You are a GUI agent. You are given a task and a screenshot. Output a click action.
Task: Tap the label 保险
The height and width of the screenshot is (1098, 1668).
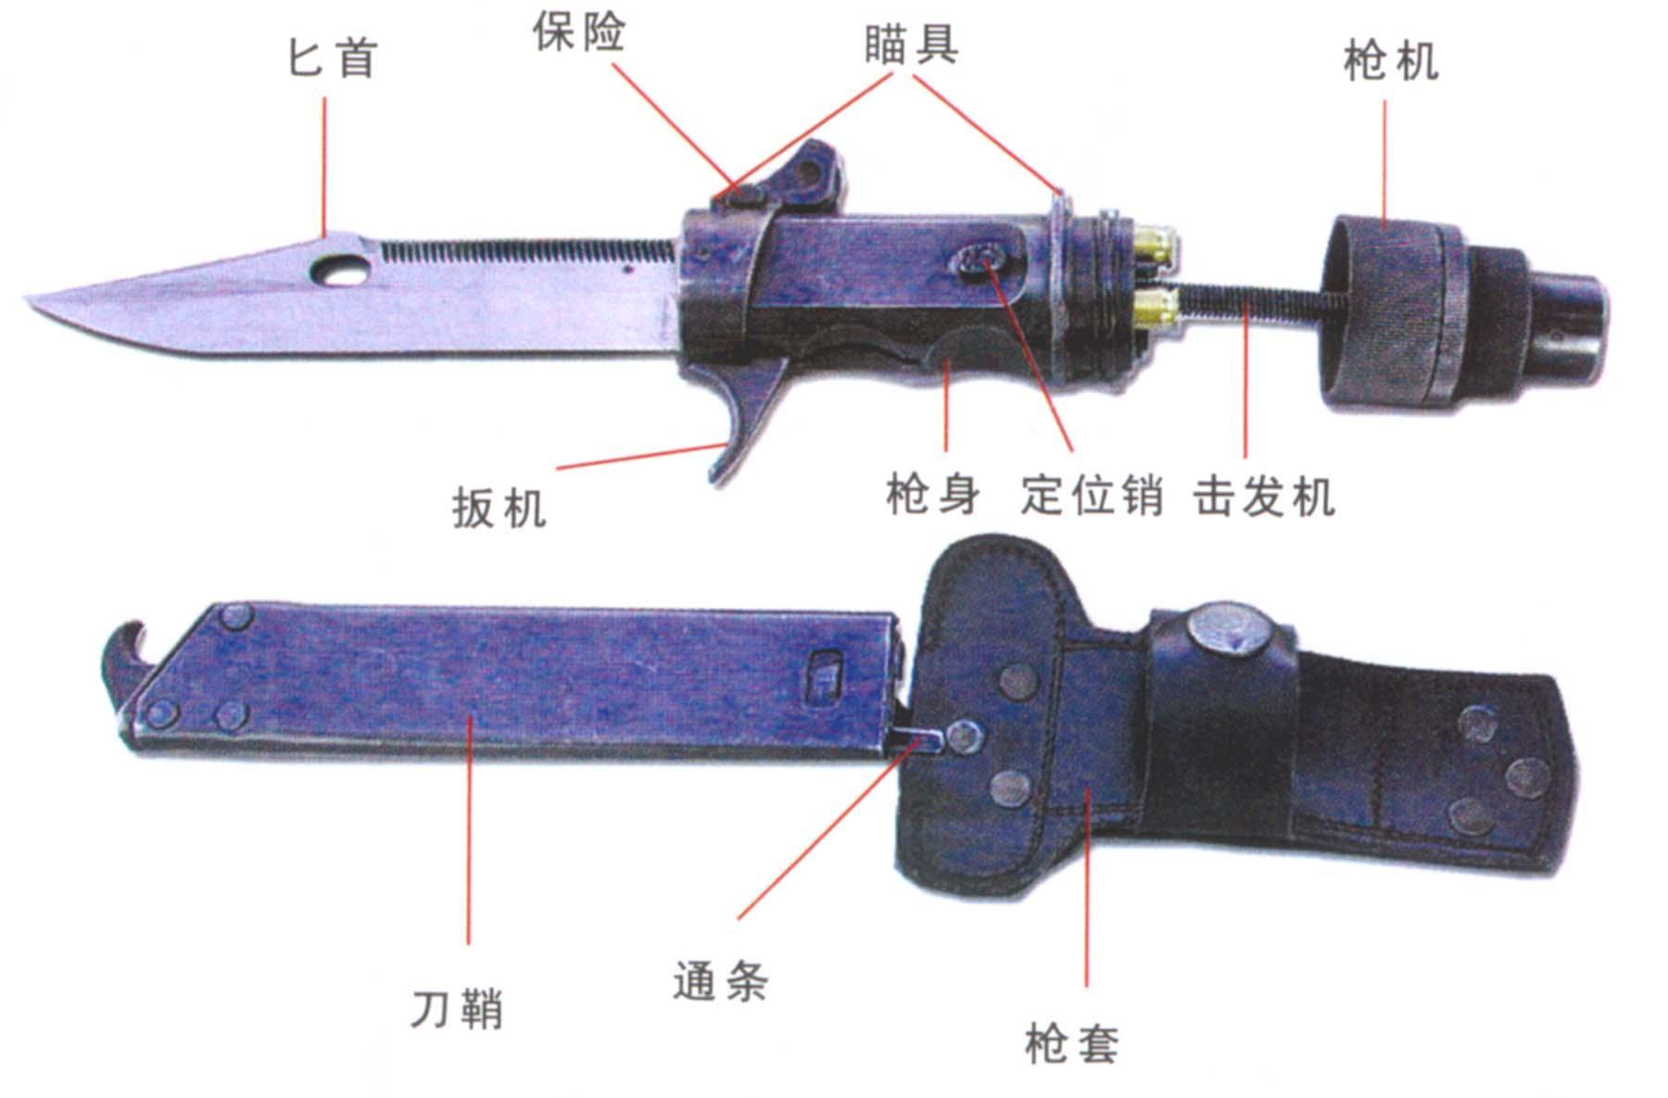point(579,33)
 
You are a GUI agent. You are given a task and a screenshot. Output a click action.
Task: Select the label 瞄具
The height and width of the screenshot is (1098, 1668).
point(913,44)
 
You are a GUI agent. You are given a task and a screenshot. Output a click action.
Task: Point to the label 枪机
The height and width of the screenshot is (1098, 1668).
point(1391,61)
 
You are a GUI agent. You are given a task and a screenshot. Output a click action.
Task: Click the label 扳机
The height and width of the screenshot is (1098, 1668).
point(499,508)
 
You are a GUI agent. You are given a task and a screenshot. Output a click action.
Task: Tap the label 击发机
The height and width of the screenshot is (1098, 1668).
point(1265,496)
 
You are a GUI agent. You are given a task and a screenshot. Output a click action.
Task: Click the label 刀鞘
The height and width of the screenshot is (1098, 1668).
point(457,1009)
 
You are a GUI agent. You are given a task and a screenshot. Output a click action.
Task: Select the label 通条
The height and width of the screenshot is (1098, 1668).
point(720,980)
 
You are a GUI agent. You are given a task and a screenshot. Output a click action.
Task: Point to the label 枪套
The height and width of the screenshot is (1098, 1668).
point(1072,1043)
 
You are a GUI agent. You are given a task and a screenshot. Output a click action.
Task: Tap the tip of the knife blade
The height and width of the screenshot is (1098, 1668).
point(28,298)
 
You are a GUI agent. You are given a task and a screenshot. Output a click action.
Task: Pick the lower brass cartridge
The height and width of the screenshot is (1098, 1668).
point(1156,307)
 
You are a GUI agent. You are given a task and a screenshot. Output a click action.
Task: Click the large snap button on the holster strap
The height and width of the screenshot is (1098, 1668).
point(1226,632)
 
